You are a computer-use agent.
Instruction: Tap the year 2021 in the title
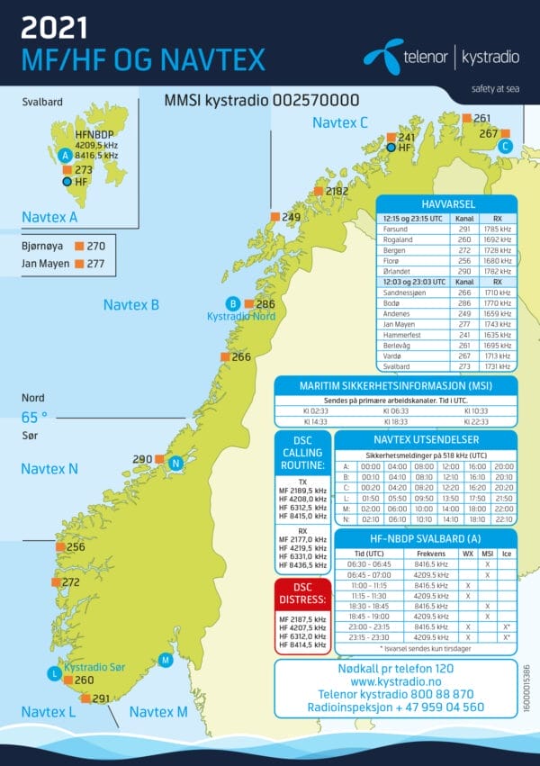pos(55,30)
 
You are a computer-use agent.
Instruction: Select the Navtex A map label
pos(49,217)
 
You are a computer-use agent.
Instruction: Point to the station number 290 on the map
pos(142,459)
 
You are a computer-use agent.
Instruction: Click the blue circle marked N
pos(176,463)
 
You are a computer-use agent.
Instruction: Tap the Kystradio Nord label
pos(240,317)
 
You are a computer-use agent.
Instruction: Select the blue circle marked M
pos(165,661)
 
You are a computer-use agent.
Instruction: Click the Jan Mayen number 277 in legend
pos(96,264)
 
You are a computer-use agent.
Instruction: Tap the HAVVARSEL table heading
pos(446,204)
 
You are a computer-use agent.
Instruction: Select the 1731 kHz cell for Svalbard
pos(497,366)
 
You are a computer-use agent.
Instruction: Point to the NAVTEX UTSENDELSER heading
pos(425,440)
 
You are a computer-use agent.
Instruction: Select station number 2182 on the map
pos(337,191)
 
